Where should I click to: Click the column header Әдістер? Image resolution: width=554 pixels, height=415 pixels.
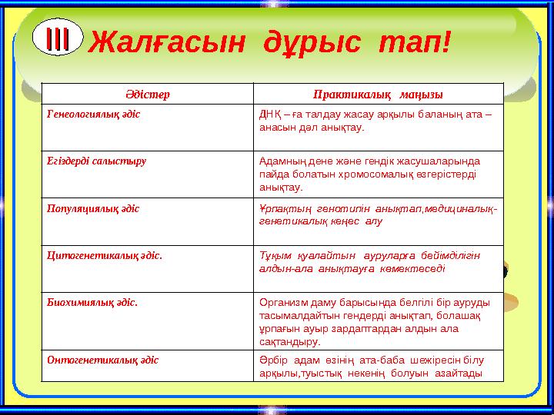(x=146, y=94)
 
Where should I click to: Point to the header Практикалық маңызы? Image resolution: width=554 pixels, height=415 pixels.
(x=377, y=94)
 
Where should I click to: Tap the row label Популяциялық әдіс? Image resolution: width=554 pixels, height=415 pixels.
(x=93, y=208)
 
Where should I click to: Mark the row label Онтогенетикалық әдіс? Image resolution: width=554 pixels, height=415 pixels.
(x=103, y=359)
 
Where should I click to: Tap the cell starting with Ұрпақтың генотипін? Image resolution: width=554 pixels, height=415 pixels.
(x=377, y=214)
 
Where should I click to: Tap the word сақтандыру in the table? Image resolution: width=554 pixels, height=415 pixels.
(x=289, y=340)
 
